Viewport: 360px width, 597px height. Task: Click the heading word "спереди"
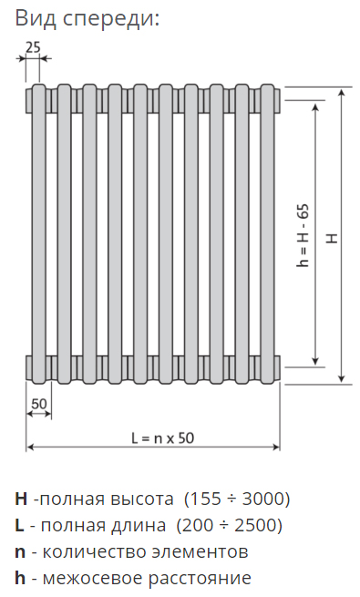110,19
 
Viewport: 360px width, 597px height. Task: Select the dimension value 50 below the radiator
39,404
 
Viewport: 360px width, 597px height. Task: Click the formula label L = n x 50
162,438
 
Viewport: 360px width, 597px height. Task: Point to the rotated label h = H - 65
303,236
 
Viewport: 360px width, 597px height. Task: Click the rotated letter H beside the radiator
333,238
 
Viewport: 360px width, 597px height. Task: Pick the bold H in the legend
21,499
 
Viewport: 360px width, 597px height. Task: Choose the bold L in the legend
19,525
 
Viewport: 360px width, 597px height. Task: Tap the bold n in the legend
20,553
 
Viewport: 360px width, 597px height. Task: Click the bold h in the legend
20,578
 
